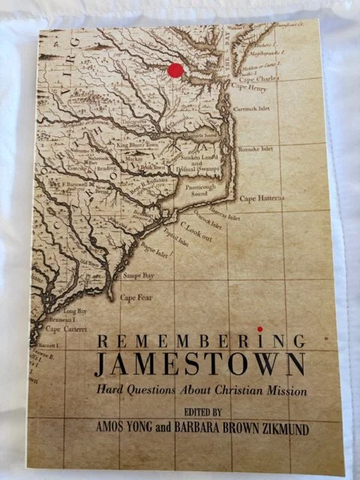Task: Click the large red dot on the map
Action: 175,70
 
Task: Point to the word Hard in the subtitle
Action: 108,390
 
